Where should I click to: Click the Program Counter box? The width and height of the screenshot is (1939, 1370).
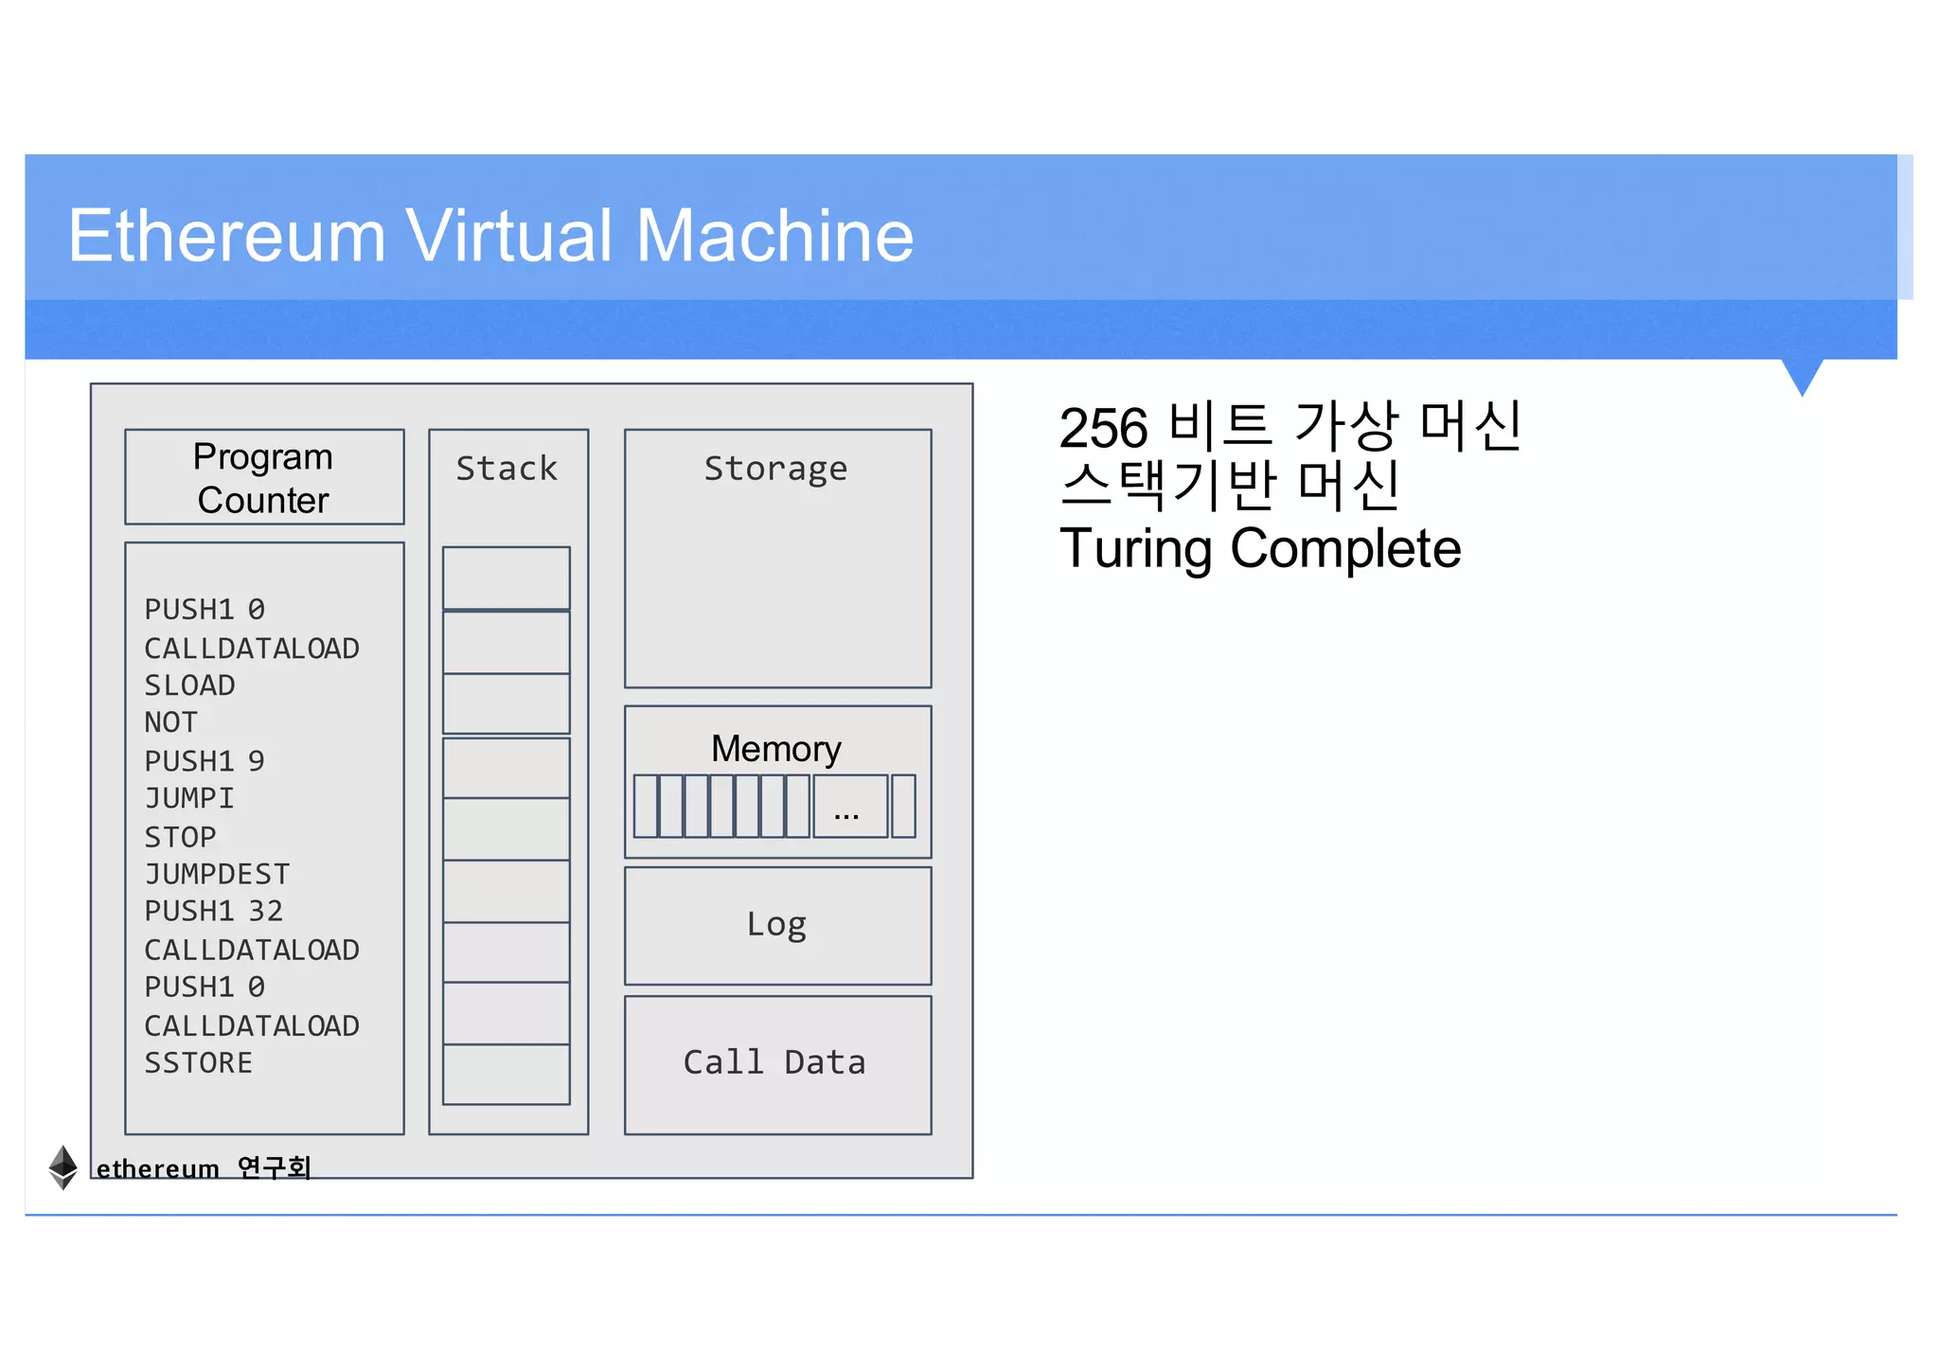point(264,477)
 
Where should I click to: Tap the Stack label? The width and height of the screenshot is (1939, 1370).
point(507,469)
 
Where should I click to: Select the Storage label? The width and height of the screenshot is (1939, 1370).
point(775,469)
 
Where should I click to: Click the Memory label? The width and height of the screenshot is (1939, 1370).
point(775,749)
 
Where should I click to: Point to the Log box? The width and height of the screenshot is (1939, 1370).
point(777,925)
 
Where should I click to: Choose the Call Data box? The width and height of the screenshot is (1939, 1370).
point(775,1063)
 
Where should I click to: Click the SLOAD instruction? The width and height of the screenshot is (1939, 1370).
point(189,685)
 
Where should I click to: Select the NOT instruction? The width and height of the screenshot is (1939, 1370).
point(170,722)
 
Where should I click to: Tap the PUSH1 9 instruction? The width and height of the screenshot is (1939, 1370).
point(204,761)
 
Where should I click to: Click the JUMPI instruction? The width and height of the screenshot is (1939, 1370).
point(188,798)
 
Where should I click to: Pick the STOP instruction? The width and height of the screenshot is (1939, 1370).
point(180,837)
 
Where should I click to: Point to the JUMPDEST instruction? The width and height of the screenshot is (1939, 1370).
point(217,874)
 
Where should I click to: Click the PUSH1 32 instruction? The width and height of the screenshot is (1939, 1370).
point(213,911)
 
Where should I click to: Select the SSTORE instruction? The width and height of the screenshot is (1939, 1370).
point(198,1063)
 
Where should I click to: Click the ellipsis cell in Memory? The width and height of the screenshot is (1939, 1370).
point(849,807)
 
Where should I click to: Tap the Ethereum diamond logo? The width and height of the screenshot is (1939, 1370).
point(62,1166)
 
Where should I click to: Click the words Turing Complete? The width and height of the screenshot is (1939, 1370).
point(1259,548)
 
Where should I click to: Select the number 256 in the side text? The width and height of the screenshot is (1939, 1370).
point(1102,428)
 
